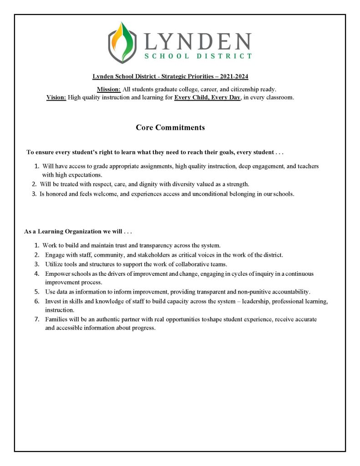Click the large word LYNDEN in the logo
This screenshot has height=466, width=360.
(x=197, y=41)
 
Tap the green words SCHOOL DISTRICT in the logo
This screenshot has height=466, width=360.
(x=198, y=56)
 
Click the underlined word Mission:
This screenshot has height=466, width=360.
(x=108, y=89)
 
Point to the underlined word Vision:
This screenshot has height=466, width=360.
(x=56, y=97)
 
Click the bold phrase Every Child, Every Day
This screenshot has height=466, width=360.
(x=207, y=97)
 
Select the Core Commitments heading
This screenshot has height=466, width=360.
(x=170, y=127)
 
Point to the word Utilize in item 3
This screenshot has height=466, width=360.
(x=54, y=264)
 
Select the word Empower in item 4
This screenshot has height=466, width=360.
(x=58, y=274)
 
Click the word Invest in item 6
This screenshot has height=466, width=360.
(x=53, y=302)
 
